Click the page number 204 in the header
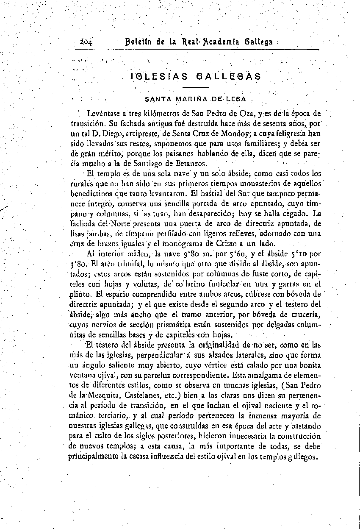(86, 42)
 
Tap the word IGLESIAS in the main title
(158, 77)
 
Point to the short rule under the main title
(197, 88)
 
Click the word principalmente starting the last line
(93, 457)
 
